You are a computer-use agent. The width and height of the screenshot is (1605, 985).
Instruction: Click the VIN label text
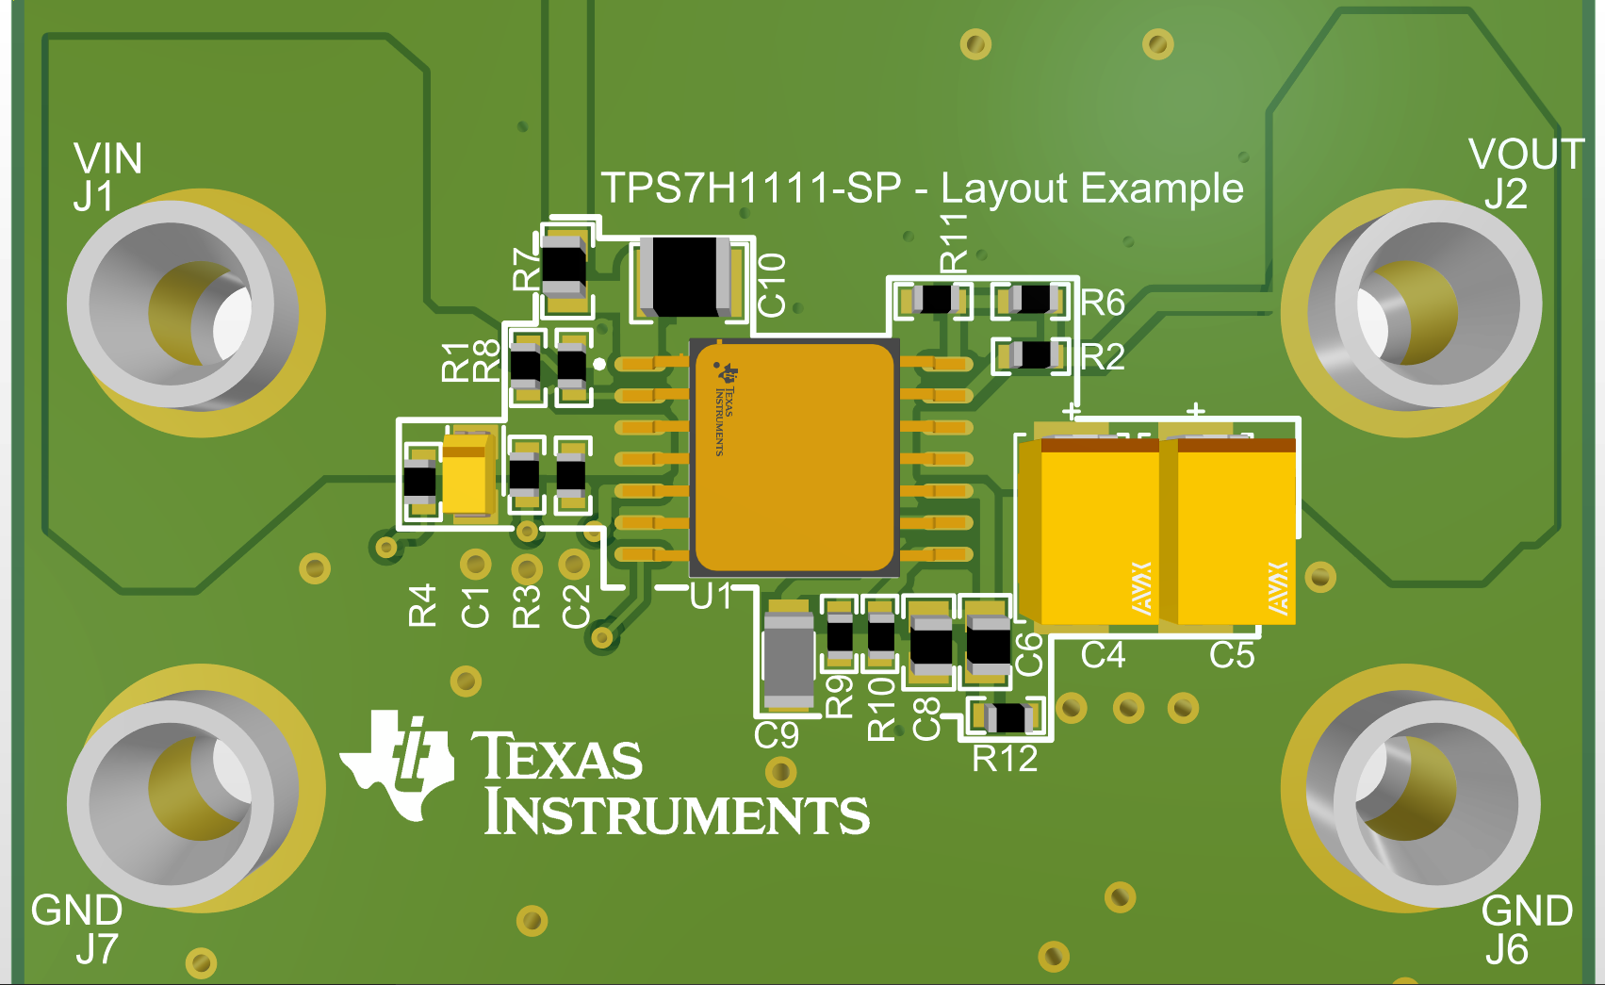pyautogui.click(x=108, y=158)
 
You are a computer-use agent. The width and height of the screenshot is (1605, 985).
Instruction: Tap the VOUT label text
pyautogui.click(x=1526, y=155)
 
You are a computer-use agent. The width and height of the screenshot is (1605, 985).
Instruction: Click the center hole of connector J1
pyautogui.click(x=201, y=314)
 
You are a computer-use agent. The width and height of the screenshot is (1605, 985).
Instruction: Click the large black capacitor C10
pyautogui.click(x=685, y=276)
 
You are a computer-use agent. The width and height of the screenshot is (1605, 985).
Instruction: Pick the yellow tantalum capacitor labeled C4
pyautogui.click(x=1098, y=533)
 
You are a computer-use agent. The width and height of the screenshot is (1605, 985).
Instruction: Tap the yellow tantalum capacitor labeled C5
pyautogui.click(x=1235, y=533)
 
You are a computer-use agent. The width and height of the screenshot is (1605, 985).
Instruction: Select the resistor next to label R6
pyautogui.click(x=1034, y=301)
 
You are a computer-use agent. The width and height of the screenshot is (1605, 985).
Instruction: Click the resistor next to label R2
pyautogui.click(x=1034, y=355)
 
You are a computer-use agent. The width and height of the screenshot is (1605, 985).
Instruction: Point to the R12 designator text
pyautogui.click(x=1005, y=759)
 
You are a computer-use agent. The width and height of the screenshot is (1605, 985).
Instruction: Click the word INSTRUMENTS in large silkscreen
pyautogui.click(x=677, y=814)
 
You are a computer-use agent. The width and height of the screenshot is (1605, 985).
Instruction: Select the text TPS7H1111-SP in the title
pyautogui.click(x=751, y=189)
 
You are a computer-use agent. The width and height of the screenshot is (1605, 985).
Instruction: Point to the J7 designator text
pyautogui.click(x=97, y=949)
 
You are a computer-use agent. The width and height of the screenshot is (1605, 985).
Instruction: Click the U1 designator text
pyautogui.click(x=711, y=597)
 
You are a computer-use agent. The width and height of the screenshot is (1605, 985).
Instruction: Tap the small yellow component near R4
pyautogui.click(x=466, y=476)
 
